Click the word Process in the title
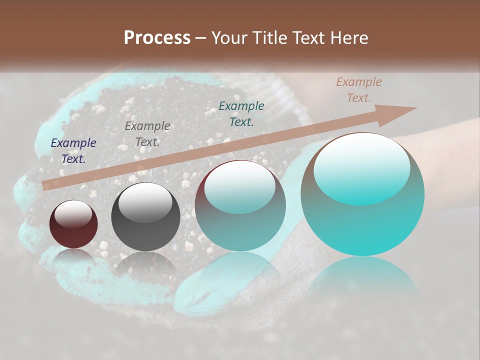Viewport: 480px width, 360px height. point(157,38)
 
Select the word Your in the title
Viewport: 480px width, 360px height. point(230,38)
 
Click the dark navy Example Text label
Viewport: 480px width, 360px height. point(73,151)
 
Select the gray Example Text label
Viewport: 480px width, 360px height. point(147,133)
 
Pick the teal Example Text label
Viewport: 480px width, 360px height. point(241,113)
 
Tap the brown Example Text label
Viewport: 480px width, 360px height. point(358,90)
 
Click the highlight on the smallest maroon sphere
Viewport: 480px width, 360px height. point(73,214)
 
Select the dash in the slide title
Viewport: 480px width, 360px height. point(201,38)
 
